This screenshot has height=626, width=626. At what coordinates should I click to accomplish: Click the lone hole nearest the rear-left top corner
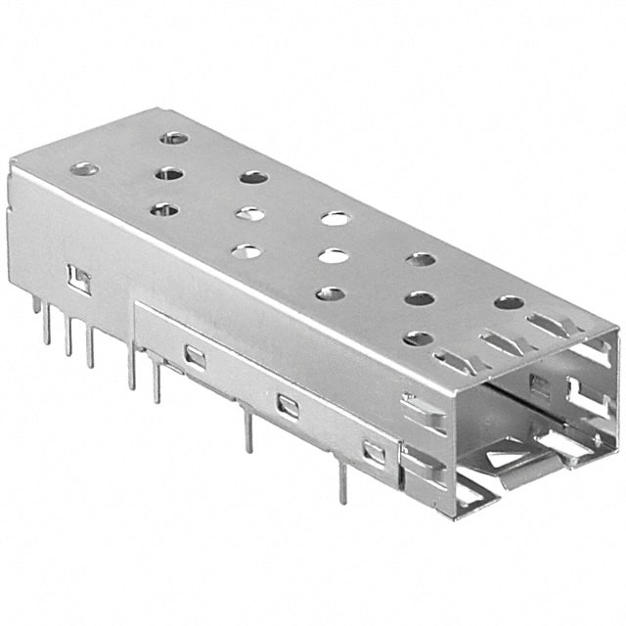(x=83, y=170)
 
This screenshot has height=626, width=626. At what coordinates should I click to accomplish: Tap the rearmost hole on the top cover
(x=173, y=138)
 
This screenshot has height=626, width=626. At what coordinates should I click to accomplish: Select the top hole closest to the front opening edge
(x=509, y=302)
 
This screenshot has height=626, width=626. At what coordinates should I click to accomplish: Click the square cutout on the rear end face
(x=78, y=280)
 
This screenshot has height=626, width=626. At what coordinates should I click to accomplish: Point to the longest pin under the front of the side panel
(x=341, y=481)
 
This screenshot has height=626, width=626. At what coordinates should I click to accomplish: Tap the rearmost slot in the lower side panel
(x=195, y=358)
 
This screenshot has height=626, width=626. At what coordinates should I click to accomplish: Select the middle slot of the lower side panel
(x=288, y=405)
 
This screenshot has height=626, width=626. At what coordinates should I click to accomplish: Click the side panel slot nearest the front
(x=374, y=452)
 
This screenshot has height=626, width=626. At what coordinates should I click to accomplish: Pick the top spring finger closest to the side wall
(x=449, y=362)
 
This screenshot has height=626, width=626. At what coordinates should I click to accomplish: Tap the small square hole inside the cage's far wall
(x=539, y=383)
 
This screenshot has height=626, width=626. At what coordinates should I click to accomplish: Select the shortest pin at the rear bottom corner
(x=36, y=304)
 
